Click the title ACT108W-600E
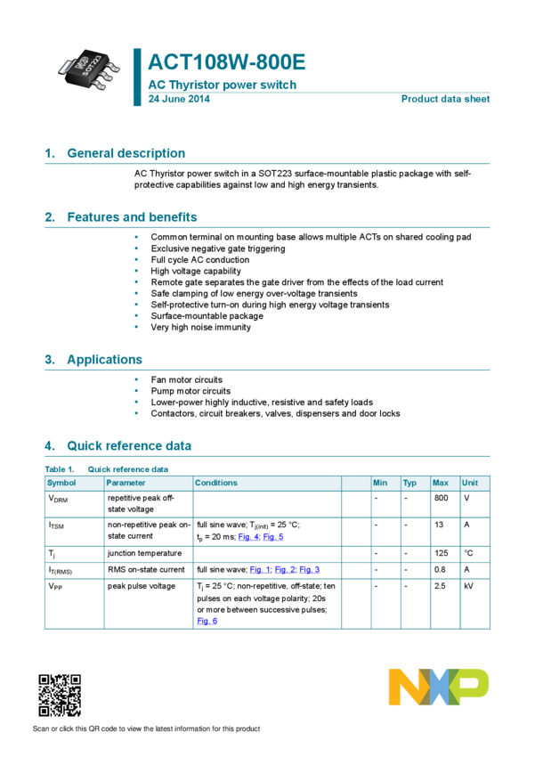pyautogui.click(x=226, y=63)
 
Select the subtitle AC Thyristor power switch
pyautogui.click(x=221, y=85)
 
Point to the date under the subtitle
pyautogui.click(x=178, y=99)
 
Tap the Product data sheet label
pyautogui.click(x=445, y=99)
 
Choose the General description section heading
pyautogui.click(x=126, y=153)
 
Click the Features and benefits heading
pyautogui.click(x=132, y=217)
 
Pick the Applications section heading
pyautogui.click(x=104, y=360)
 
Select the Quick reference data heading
pyautogui.click(x=129, y=445)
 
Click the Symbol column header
pyautogui.click(x=61, y=483)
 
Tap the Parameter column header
pyautogui.click(x=126, y=483)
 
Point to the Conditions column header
pyautogui.click(x=216, y=483)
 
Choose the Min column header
pyautogui.click(x=380, y=483)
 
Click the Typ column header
pyautogui.click(x=409, y=483)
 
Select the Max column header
pyautogui.click(x=440, y=483)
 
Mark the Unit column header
pyautogui.click(x=470, y=483)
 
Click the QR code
pyautogui.click(x=60, y=696)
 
